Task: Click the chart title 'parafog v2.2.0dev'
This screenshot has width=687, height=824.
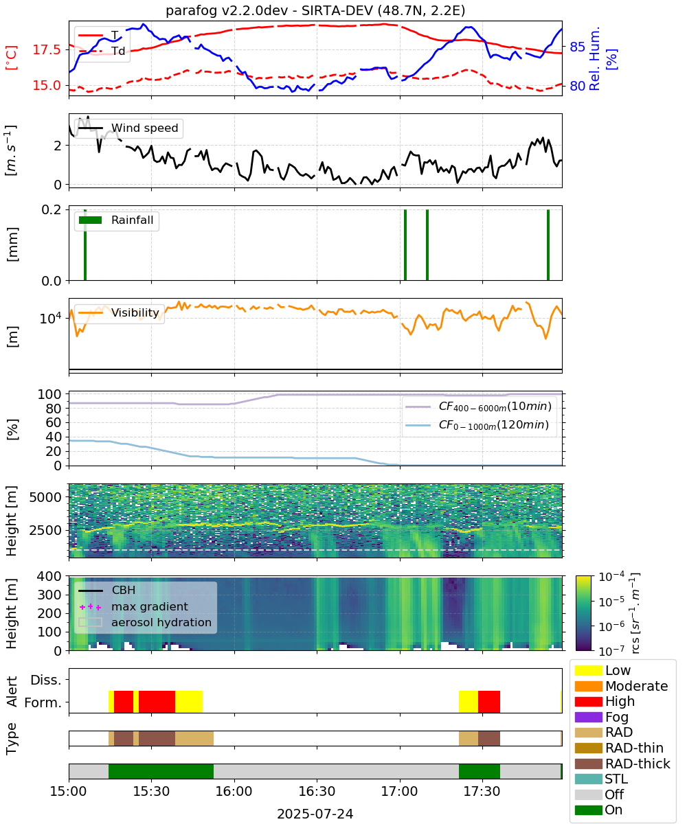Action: click(227, 10)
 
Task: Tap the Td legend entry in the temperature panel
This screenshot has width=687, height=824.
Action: click(102, 51)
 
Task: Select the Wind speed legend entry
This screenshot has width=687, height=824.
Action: click(128, 128)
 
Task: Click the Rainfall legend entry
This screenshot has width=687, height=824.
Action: click(116, 220)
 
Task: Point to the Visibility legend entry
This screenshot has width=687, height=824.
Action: click(118, 312)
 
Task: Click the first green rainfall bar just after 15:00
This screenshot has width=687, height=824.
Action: click(85, 244)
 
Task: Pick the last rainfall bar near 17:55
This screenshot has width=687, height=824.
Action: click(548, 244)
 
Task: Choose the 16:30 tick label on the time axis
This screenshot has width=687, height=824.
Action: click(317, 791)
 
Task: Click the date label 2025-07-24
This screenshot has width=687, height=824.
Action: click(315, 814)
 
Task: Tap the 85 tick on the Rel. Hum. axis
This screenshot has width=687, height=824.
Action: click(577, 47)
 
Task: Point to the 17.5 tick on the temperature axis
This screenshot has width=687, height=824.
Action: click(47, 49)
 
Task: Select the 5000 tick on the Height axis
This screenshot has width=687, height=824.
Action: click(45, 497)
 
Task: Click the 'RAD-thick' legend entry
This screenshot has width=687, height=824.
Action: click(622, 764)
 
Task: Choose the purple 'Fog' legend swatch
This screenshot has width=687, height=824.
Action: click(588, 717)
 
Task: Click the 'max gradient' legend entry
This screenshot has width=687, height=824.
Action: click(133, 606)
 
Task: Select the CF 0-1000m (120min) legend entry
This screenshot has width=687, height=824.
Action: click(477, 425)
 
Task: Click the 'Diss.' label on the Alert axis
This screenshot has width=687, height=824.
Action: click(46, 680)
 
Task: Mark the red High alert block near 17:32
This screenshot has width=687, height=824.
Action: click(488, 701)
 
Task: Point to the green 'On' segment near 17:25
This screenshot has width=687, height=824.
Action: click(479, 771)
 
